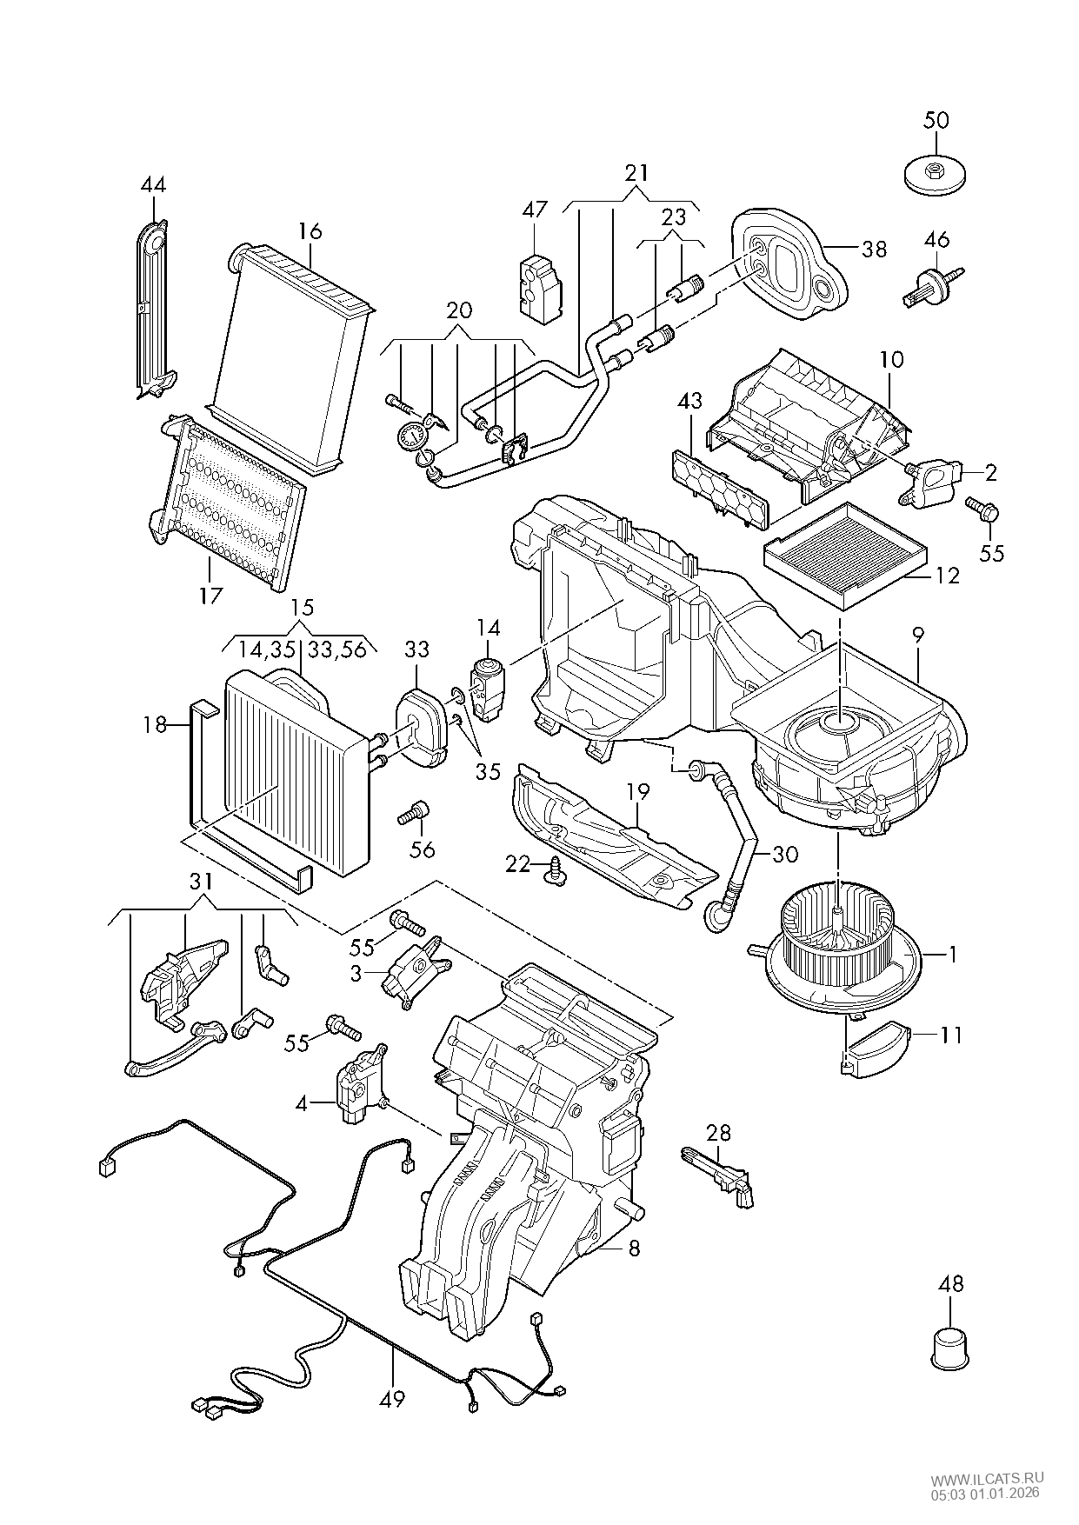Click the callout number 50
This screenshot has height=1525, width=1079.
click(x=936, y=120)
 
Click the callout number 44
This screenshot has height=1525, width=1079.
click(x=153, y=185)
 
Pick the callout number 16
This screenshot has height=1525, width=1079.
click(x=310, y=231)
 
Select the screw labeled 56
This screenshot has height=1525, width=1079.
click(x=414, y=814)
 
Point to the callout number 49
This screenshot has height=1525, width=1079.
click(x=392, y=1398)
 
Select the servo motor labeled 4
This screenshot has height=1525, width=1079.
click(x=358, y=1085)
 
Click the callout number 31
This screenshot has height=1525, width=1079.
click(x=201, y=881)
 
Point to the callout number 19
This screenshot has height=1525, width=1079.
click(x=637, y=791)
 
